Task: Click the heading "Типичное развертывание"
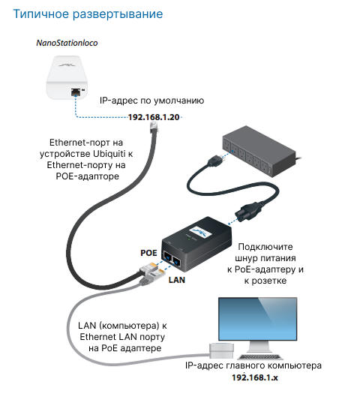88,14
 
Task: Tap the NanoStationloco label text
67,43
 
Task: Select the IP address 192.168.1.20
154,117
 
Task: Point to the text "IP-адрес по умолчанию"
152,101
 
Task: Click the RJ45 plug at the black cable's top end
154,127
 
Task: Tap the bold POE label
148,253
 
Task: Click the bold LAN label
177,280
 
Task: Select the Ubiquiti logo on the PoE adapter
200,233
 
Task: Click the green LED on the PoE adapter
189,239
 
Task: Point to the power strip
259,152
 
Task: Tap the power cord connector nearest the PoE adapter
249,211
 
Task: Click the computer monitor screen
257,319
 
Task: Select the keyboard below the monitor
260,356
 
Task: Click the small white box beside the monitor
221,350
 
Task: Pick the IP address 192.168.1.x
255,377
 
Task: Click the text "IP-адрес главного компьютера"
253,365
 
